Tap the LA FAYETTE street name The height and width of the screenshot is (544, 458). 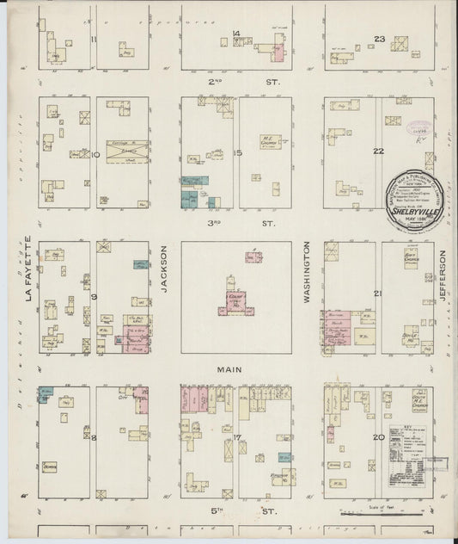pyautogui.click(x=28, y=269)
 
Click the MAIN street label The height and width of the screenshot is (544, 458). pyautogui.click(x=228, y=369)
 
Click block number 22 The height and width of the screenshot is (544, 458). pyautogui.click(x=377, y=151)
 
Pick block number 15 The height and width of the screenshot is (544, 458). pyautogui.click(x=239, y=152)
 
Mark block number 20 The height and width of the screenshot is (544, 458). pyautogui.click(x=378, y=438)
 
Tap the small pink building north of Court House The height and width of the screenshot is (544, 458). pyautogui.click(x=253, y=256)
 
